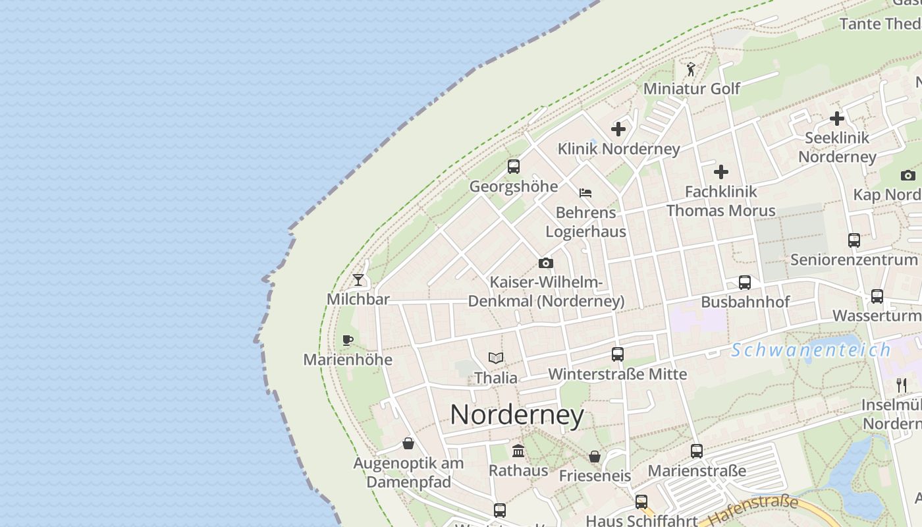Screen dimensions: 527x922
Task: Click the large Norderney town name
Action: click(517, 415)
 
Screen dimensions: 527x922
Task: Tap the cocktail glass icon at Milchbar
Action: click(358, 280)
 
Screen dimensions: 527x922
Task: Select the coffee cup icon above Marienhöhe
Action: click(348, 341)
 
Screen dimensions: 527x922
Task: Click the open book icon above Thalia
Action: click(496, 358)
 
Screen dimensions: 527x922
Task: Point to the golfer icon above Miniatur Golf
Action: click(691, 69)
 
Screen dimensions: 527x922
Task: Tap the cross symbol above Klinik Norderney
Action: click(618, 129)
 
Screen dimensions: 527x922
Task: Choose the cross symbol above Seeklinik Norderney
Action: click(837, 119)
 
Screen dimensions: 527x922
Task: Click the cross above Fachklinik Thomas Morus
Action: click(721, 172)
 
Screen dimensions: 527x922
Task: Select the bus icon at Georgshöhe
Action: click(514, 167)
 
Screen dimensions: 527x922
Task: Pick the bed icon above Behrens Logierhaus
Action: click(585, 193)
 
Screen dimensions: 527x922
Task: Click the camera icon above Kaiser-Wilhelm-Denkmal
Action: click(546, 263)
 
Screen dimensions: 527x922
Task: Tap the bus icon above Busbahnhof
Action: click(745, 283)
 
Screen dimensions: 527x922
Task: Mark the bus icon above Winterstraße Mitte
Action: click(618, 354)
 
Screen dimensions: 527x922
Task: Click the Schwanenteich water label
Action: click(811, 350)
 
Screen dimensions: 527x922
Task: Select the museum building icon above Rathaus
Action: click(518, 451)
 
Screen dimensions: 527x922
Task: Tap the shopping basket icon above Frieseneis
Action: click(595, 457)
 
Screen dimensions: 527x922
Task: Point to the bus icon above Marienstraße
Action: click(697, 451)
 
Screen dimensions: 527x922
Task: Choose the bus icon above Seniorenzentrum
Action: click(854, 240)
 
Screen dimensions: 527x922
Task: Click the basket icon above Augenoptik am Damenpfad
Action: click(408, 443)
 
